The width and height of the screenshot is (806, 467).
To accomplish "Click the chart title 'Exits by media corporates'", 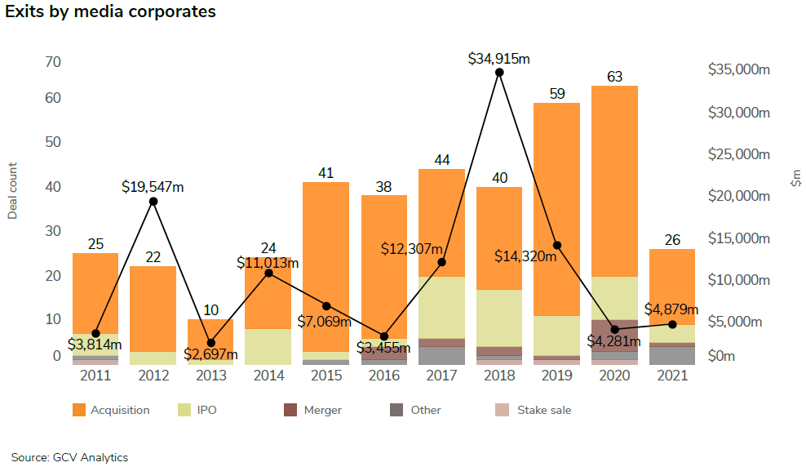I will [111, 12].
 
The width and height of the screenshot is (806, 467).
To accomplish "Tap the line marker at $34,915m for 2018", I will [499, 73].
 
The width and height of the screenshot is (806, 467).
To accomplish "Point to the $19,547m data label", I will [153, 187].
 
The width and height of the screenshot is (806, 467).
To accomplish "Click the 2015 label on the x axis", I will [326, 376].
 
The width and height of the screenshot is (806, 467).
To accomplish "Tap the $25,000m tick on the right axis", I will [739, 154].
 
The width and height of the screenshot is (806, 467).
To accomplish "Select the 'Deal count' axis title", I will [12, 192].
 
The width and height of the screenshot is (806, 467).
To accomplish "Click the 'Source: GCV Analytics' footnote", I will [70, 457].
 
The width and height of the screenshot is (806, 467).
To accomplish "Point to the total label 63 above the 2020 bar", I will [615, 78].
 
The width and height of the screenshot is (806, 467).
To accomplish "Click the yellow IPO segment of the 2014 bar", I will [268, 346].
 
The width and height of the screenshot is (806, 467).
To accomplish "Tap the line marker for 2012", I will [153, 202].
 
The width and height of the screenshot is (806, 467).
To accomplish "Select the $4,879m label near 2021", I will [671, 309].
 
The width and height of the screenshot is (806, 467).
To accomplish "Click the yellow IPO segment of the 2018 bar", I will [499, 318].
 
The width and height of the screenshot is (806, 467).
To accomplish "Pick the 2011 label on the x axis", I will [95, 376].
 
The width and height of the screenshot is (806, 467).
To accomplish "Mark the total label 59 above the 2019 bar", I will [557, 94].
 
